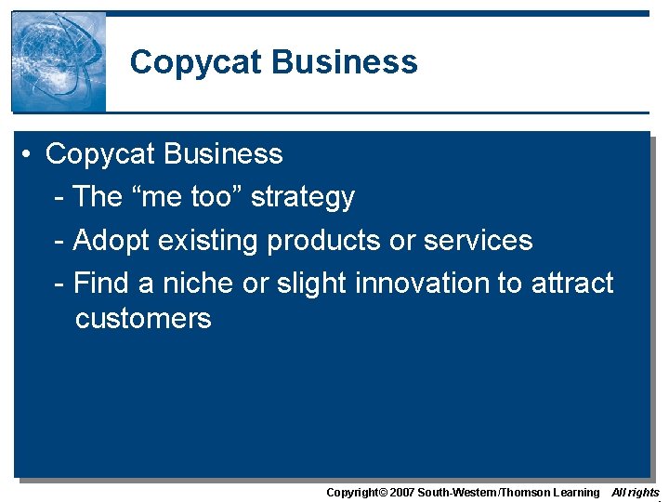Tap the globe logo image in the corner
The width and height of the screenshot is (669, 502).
59,61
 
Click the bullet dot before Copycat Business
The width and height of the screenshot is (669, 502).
30,154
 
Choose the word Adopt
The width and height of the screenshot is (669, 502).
111,240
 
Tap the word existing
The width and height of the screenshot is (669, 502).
209,240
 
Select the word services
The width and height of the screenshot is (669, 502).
478,240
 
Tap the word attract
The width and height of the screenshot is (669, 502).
572,282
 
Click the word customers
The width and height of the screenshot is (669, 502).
143,318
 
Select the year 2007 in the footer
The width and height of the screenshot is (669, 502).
400,492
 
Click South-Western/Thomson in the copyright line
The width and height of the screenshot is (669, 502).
484,492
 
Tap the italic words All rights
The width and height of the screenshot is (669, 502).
636,492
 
